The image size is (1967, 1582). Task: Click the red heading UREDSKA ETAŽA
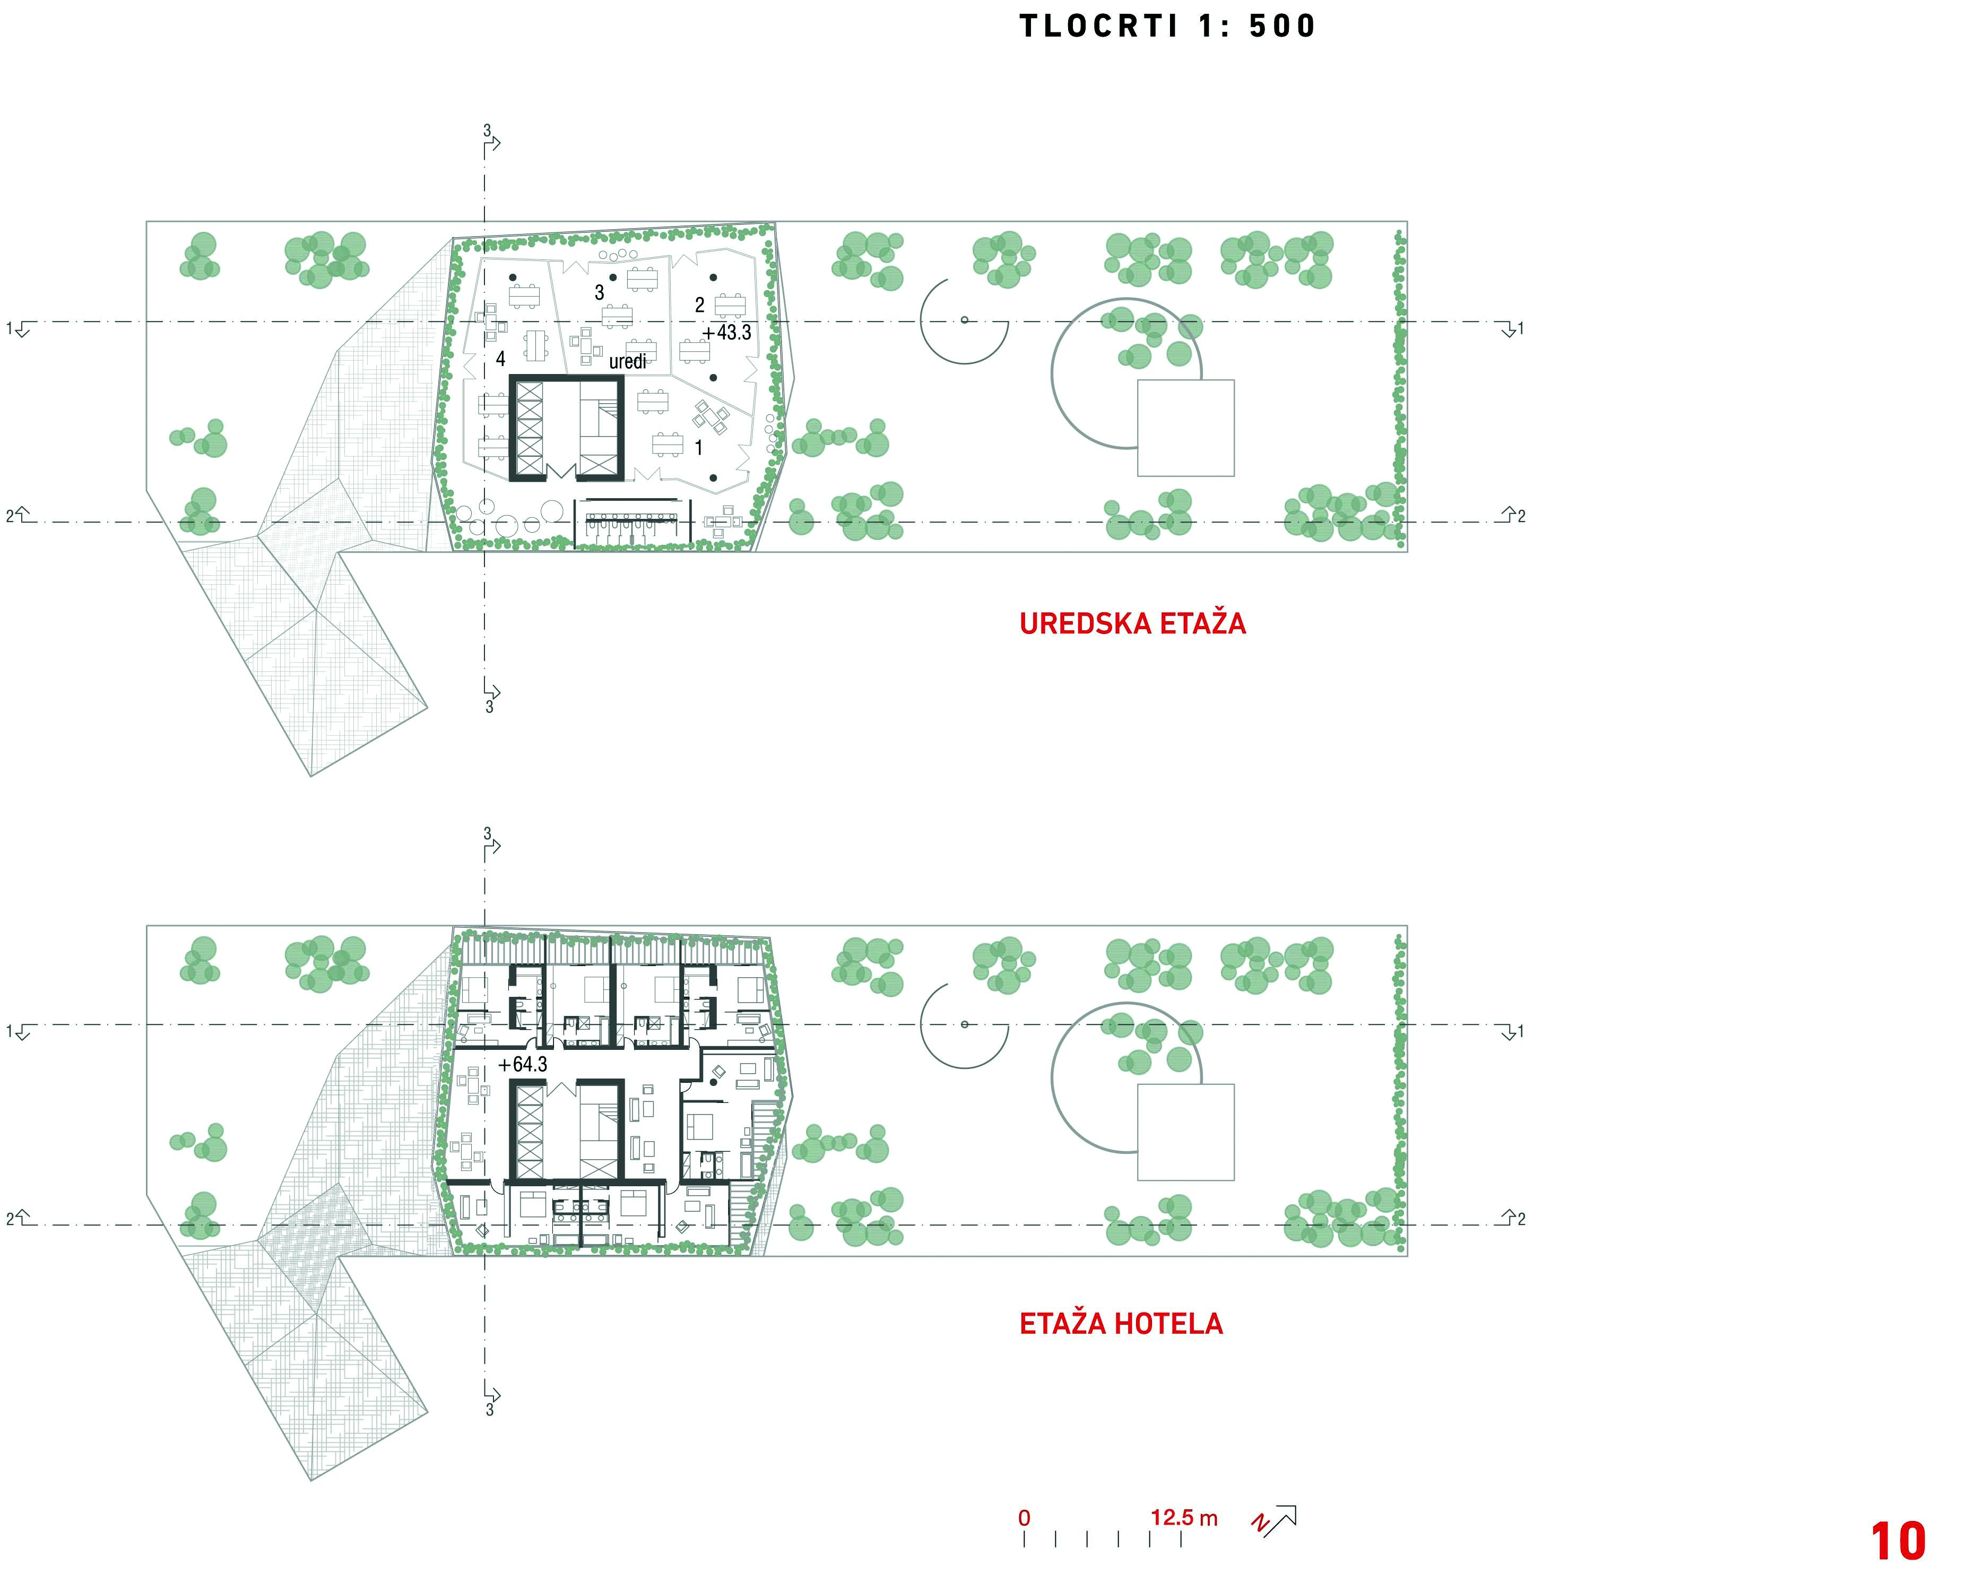1132,623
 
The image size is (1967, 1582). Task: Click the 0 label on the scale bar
1025,1518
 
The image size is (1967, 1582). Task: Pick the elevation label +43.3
727,332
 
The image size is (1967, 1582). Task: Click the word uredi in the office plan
628,361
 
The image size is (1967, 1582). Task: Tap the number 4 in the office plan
500,360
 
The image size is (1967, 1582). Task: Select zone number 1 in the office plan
699,448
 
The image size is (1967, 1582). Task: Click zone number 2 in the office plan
700,305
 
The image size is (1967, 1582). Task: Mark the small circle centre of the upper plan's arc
964,320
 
